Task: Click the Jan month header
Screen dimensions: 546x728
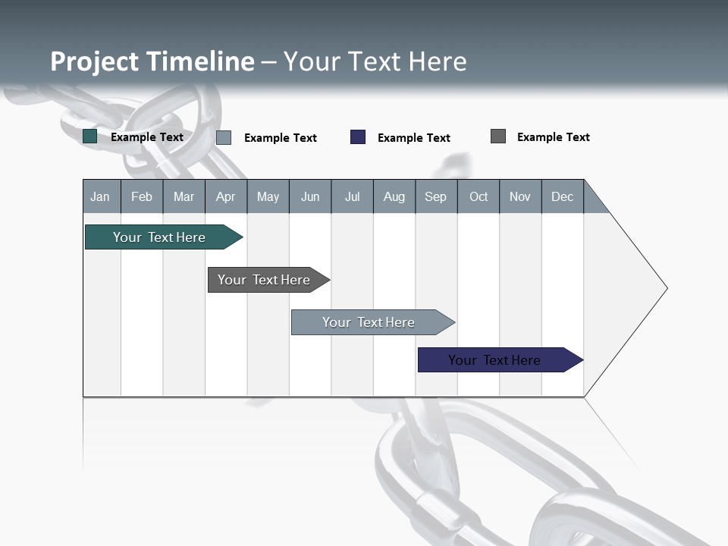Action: point(101,196)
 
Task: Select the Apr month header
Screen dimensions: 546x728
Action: point(226,196)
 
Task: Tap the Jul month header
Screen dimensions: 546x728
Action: point(352,196)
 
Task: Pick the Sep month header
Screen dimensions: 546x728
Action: point(436,196)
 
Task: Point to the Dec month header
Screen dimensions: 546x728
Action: point(562,196)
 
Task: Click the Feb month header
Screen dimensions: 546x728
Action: point(142,196)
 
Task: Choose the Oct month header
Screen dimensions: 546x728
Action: point(479,196)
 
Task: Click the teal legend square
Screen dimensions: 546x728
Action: point(90,136)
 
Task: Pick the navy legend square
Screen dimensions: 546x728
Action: point(358,137)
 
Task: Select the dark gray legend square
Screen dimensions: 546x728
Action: point(498,136)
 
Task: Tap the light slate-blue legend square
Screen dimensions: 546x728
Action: point(224,137)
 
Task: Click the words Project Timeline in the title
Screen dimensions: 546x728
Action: point(152,61)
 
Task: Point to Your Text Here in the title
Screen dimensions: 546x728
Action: point(375,61)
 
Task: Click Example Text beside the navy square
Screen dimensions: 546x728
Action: point(413,138)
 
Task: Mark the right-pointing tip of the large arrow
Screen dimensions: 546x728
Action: point(665,288)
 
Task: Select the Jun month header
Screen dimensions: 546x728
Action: point(310,196)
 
